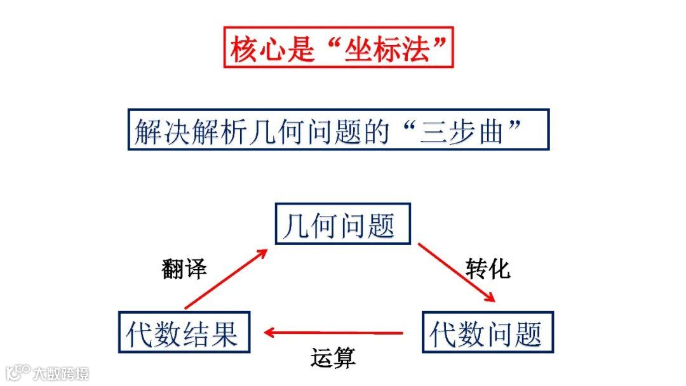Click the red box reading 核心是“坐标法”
[x=339, y=48]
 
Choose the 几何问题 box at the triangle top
[x=343, y=224]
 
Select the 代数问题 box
[x=487, y=332]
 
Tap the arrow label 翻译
[x=184, y=269]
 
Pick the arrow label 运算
[x=333, y=359]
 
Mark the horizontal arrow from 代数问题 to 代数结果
[x=333, y=332]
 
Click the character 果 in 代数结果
[x=226, y=332]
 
